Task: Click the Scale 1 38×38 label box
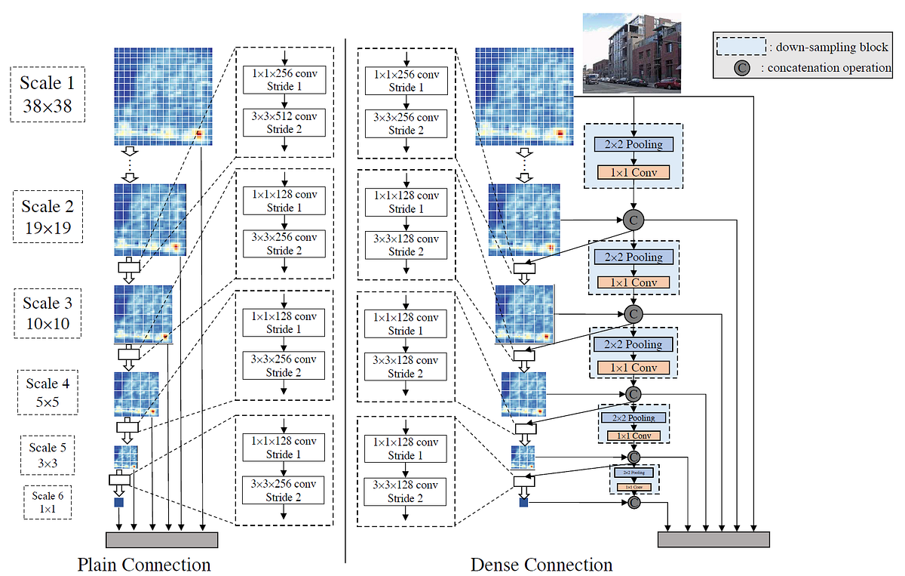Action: pyautogui.click(x=47, y=94)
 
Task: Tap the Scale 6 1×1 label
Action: pyautogui.click(x=48, y=502)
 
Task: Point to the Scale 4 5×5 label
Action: pyautogui.click(x=48, y=392)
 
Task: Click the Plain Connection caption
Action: pyautogui.click(x=144, y=565)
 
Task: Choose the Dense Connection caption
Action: pyautogui.click(x=541, y=565)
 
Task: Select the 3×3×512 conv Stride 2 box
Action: pyautogui.click(x=284, y=122)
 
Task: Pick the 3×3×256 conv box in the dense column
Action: pyautogui.click(x=406, y=122)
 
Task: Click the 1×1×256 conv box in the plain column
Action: pyautogui.click(x=284, y=79)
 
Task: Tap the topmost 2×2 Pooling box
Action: pyautogui.click(x=633, y=144)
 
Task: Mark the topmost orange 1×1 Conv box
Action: pyautogui.click(x=633, y=172)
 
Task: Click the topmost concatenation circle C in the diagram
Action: pyautogui.click(x=633, y=220)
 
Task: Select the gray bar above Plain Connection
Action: pyautogui.click(x=161, y=539)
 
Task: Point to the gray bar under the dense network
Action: pyautogui.click(x=713, y=539)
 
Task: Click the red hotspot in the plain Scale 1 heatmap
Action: pyautogui.click(x=199, y=134)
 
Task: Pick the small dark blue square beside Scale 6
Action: pyautogui.click(x=118, y=502)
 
